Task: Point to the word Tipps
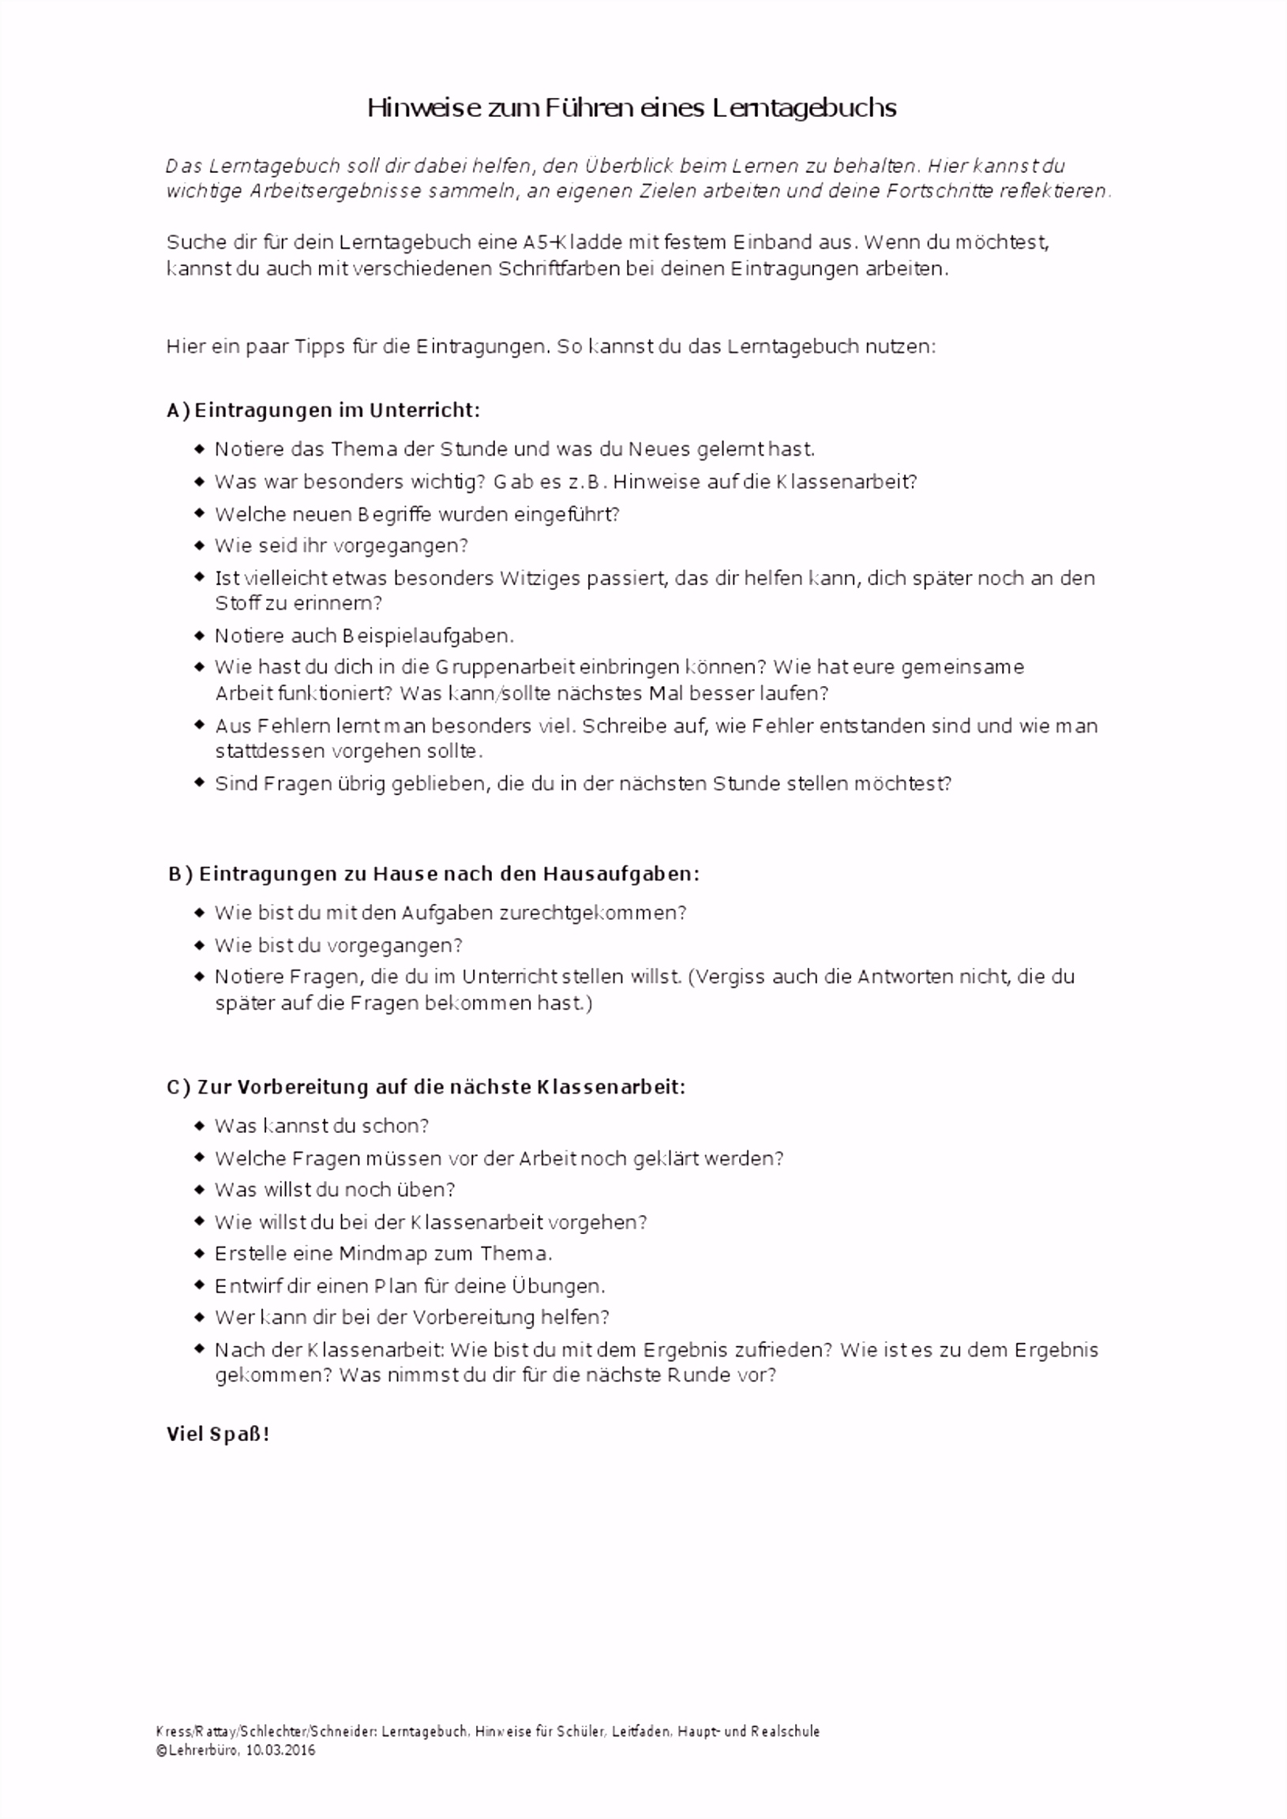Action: point(315,347)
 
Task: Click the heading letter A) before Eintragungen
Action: point(178,411)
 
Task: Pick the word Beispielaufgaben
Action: point(428,636)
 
